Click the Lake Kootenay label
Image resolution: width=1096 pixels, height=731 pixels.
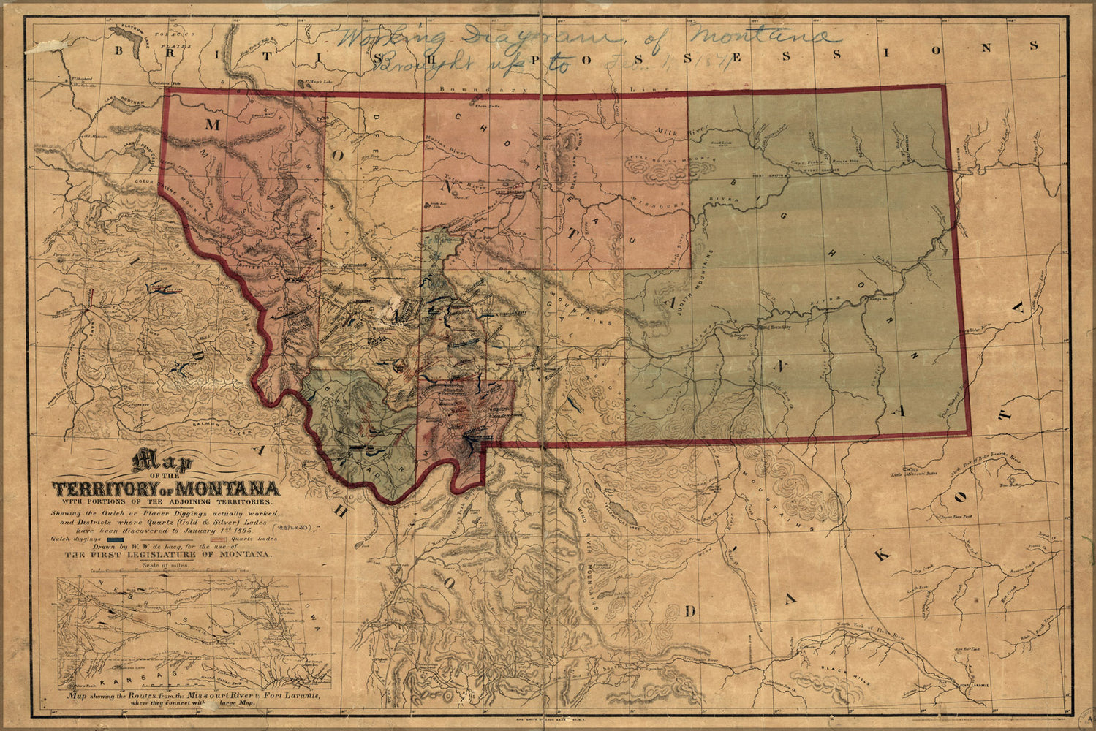coord(121,106)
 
